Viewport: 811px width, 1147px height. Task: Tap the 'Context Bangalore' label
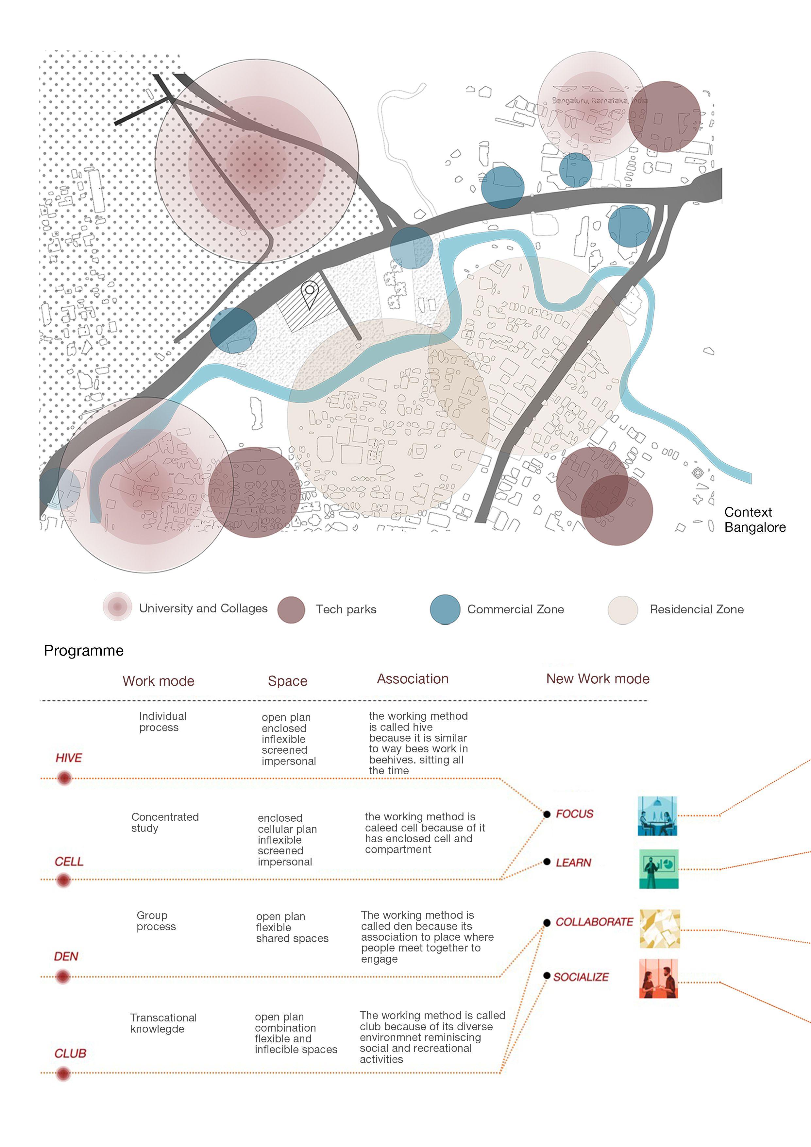pos(754,520)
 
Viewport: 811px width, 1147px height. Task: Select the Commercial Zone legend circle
pos(445,609)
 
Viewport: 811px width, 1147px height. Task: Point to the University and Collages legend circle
pos(117,607)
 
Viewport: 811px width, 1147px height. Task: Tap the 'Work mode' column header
pos(158,681)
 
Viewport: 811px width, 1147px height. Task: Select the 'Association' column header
pos(413,679)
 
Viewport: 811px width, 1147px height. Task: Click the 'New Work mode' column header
pos(598,679)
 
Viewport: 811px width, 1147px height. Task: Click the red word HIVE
pos(69,758)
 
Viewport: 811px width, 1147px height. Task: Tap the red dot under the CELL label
pos(63,880)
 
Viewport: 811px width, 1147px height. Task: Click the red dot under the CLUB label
pos(63,1073)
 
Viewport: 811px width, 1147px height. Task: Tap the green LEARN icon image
pos(659,869)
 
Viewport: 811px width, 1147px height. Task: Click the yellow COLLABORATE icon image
pos(659,929)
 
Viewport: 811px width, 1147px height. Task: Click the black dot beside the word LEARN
pos(547,862)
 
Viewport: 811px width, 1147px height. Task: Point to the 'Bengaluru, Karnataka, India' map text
pos(599,100)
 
